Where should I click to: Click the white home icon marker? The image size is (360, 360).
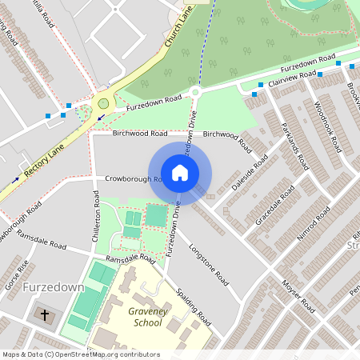click(180, 172)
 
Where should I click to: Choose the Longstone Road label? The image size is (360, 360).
click(208, 266)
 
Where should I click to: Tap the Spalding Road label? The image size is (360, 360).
click(192, 306)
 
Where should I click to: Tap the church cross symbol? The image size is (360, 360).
click(45, 314)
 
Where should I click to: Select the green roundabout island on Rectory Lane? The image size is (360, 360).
click(102, 103)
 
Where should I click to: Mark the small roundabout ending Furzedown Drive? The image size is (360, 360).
click(195, 93)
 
